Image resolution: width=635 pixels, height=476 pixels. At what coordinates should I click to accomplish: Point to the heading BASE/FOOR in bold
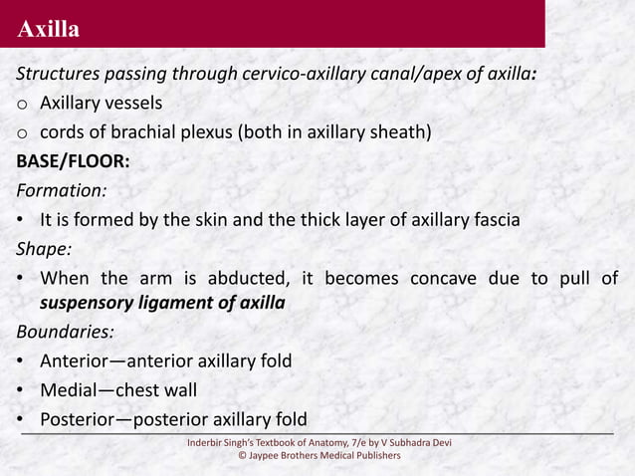pos(72,161)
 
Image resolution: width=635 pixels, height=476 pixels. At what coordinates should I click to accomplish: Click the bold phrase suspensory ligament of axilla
pos(162,305)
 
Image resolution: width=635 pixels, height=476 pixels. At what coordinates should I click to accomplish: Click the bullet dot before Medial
pos(20,389)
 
